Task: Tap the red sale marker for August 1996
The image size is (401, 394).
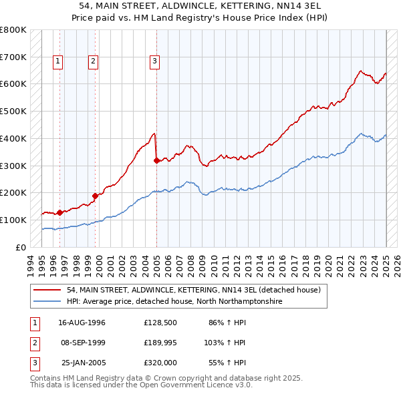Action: click(x=60, y=212)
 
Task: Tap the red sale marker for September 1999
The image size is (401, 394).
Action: click(x=95, y=196)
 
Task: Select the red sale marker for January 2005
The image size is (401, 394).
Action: click(x=156, y=160)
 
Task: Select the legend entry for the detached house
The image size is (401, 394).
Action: click(x=194, y=290)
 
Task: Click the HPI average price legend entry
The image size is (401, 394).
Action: click(x=174, y=302)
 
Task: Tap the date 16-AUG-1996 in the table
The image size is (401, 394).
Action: click(x=82, y=323)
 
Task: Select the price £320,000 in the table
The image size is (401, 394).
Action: click(x=160, y=363)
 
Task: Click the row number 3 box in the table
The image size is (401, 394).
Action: click(x=34, y=363)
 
